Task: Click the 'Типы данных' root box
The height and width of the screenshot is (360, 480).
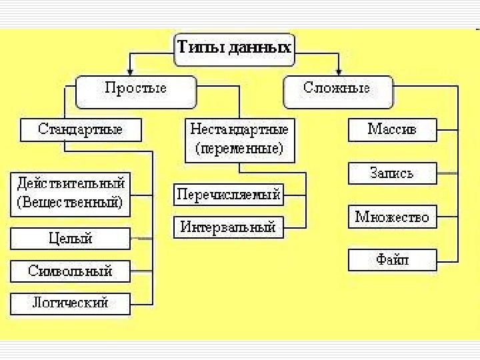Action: [233, 49]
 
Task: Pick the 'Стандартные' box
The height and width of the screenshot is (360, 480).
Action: [81, 129]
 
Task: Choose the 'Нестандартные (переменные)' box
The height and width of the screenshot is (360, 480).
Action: [239, 139]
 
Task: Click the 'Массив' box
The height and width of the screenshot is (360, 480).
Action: [392, 129]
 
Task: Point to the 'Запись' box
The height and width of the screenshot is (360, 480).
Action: [392, 173]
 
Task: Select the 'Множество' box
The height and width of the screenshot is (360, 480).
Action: [392, 217]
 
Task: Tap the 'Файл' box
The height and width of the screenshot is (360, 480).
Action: [392, 259]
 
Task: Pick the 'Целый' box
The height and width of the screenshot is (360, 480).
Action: [70, 238]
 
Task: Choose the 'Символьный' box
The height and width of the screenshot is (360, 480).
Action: [70, 271]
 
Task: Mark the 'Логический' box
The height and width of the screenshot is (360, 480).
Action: [70, 303]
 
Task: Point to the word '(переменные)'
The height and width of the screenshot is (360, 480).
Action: [239, 149]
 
